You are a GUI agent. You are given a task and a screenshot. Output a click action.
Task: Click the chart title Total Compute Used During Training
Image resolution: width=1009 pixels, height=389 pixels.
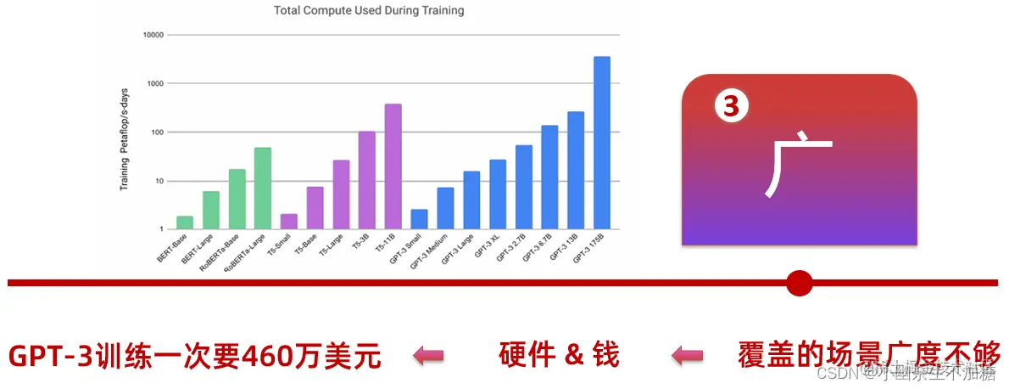[x=369, y=11]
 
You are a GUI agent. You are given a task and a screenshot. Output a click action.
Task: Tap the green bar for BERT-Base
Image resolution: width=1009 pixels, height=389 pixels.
[x=185, y=223]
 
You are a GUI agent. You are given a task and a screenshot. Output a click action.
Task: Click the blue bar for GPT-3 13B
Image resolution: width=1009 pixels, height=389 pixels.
[x=576, y=170]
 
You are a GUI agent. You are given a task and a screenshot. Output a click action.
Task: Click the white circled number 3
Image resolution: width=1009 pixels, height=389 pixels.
[x=732, y=106]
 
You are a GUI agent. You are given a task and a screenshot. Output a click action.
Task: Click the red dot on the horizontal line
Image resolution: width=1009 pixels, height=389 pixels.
[x=799, y=283]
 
